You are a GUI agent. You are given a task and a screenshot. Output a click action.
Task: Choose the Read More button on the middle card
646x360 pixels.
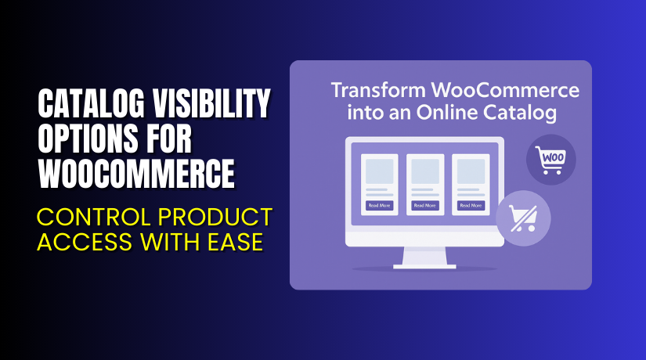click(425, 205)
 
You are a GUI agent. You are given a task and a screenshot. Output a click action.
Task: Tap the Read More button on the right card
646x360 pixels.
click(471, 205)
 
